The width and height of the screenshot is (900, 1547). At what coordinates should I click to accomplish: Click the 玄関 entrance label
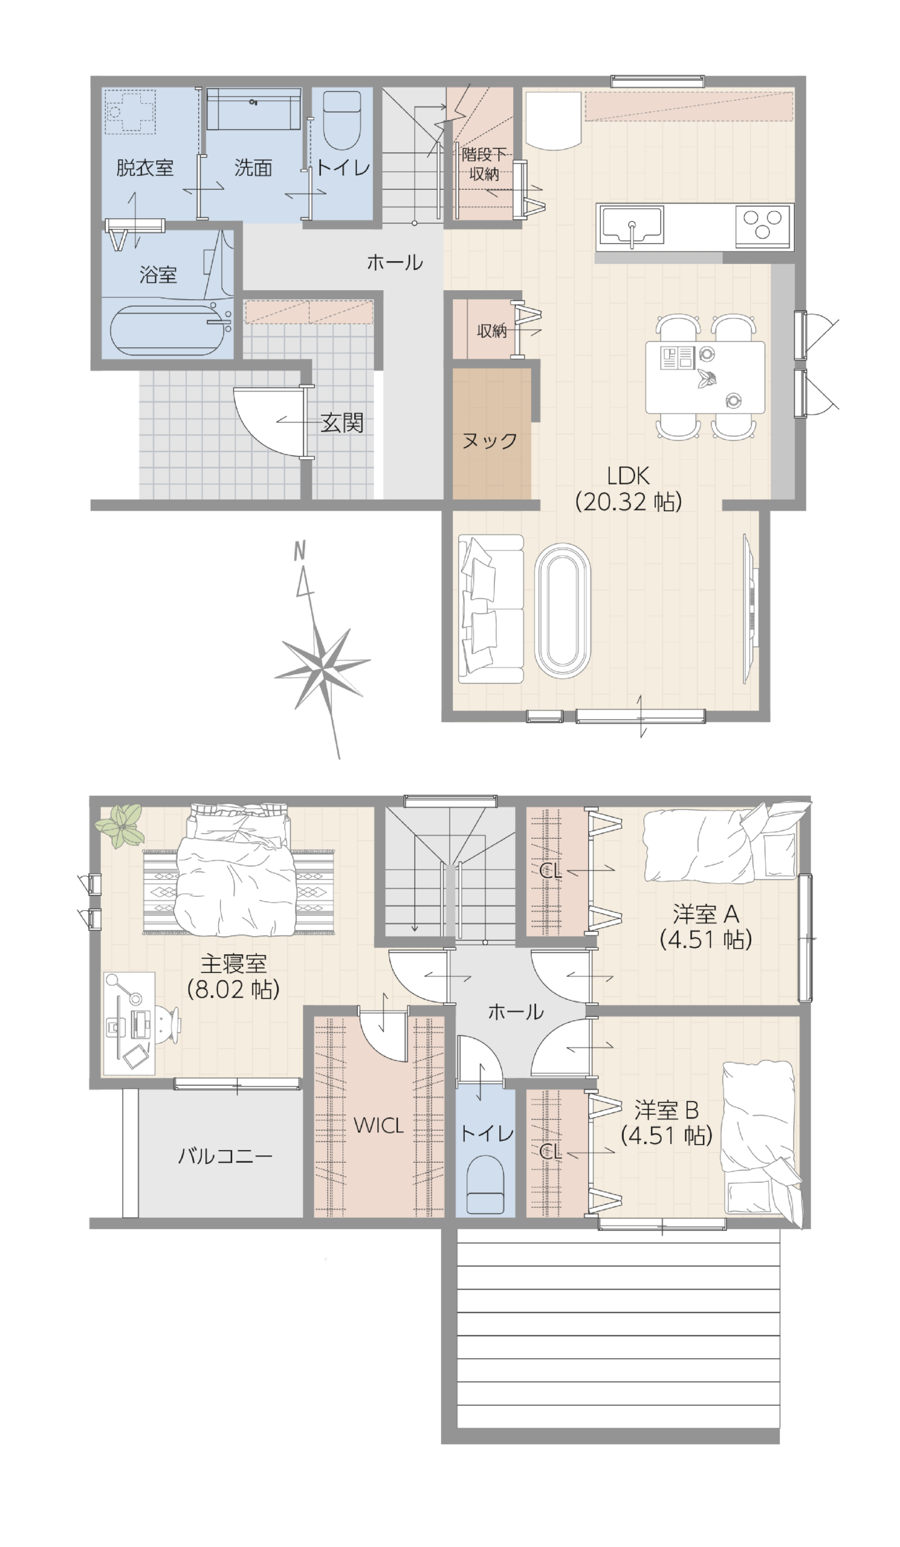point(342,423)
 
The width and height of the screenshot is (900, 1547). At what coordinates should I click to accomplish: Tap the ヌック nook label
point(490,441)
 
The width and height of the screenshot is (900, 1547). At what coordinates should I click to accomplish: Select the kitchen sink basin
point(632,225)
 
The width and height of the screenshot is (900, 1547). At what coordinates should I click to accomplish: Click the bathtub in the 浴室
point(166,331)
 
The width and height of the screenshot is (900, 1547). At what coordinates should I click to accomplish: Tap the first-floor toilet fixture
point(342,120)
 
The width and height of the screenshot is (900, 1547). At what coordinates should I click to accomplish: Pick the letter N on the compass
point(300,551)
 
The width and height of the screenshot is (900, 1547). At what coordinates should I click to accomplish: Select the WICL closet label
point(378,1125)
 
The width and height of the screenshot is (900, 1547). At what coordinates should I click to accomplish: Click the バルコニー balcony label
point(225,1157)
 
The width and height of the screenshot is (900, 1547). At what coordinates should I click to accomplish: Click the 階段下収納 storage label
point(484,164)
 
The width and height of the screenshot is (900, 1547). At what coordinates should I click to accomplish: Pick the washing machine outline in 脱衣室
point(129,112)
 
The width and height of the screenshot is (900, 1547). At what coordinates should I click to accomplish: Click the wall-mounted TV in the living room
point(749,608)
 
